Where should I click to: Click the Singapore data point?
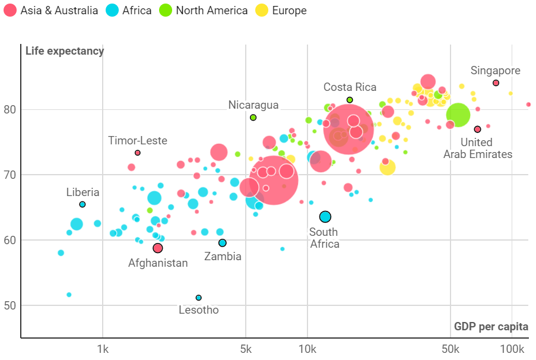tap(496, 83)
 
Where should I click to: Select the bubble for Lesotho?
tap(198, 298)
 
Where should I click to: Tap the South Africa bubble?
tap(325, 217)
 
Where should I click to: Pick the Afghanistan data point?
tap(157, 248)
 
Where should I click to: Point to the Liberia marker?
tap(83, 204)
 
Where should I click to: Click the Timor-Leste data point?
tap(138, 153)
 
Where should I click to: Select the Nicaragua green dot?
tap(253, 118)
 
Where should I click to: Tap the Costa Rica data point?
tap(350, 100)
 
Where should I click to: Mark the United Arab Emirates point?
tap(477, 130)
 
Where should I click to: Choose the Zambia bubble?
tap(223, 243)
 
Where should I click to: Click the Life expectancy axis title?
tap(65, 51)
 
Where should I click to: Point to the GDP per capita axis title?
tap(491, 327)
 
